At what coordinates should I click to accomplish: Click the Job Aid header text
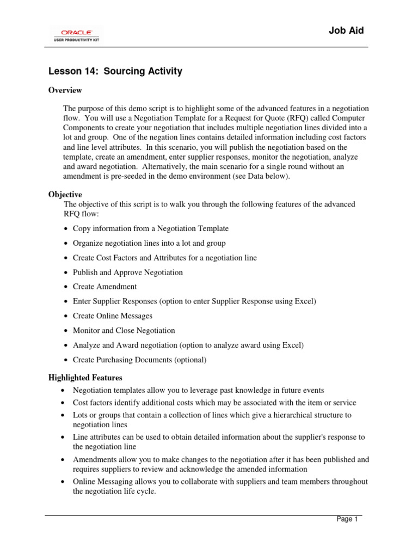346,31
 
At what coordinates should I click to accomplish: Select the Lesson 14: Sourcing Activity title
115,71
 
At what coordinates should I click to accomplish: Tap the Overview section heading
65,90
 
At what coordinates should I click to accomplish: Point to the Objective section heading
65,195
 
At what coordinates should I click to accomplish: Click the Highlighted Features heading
85,378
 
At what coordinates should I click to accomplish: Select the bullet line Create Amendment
104,287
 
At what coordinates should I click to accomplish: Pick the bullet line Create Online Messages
112,316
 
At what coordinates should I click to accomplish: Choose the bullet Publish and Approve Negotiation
127,272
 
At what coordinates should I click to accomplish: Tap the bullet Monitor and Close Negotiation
124,330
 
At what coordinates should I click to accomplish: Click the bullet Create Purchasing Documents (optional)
139,360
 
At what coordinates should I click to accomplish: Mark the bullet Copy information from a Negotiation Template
150,228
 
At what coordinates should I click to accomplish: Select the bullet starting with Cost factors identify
214,403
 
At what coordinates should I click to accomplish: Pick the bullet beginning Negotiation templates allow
198,390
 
